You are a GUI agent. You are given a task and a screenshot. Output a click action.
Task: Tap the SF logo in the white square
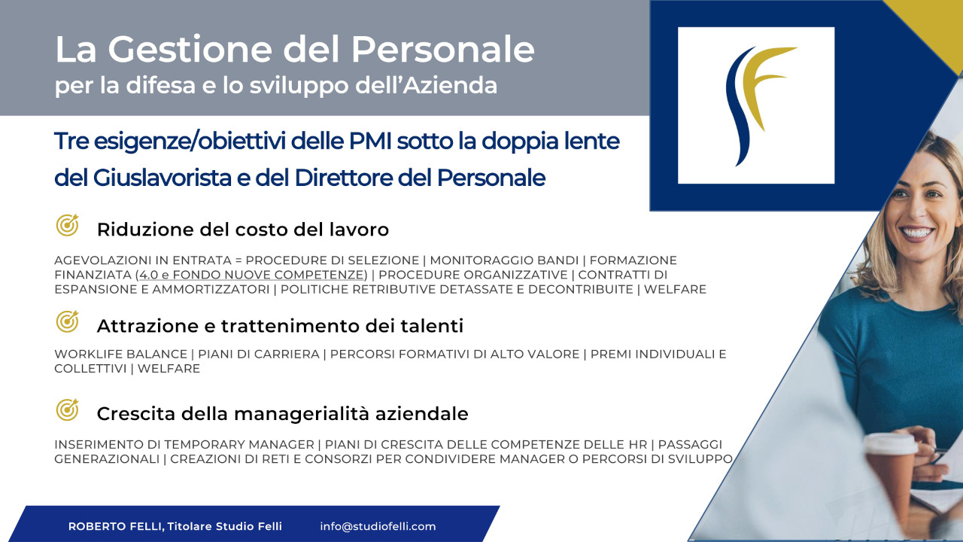(756, 105)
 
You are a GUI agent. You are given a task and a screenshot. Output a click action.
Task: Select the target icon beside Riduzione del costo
(68, 225)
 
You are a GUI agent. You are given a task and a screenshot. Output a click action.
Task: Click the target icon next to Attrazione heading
(68, 321)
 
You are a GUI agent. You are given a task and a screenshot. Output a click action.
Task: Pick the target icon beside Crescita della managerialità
(68, 410)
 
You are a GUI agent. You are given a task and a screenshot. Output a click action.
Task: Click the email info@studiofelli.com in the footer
(378, 526)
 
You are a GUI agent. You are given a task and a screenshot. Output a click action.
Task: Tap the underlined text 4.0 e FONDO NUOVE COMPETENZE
(252, 275)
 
